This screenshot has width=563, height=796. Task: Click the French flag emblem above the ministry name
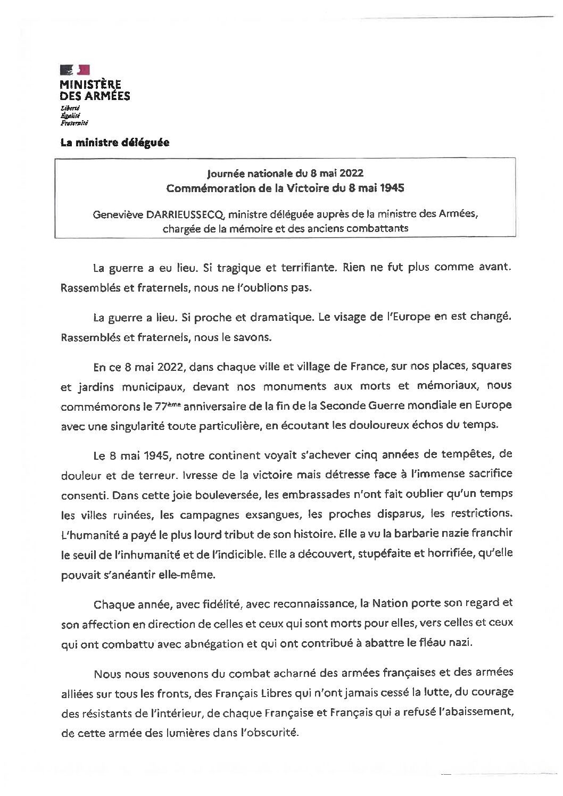point(74,69)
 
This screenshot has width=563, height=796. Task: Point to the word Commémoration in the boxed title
point(200,188)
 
